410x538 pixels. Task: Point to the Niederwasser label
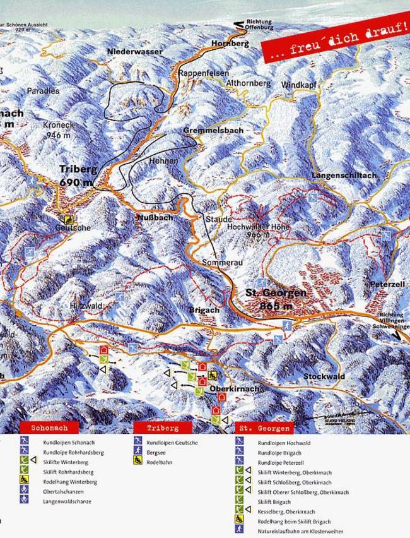[x=134, y=51]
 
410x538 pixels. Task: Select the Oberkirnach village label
[x=234, y=390]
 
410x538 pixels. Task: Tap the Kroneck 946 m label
[x=59, y=129]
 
